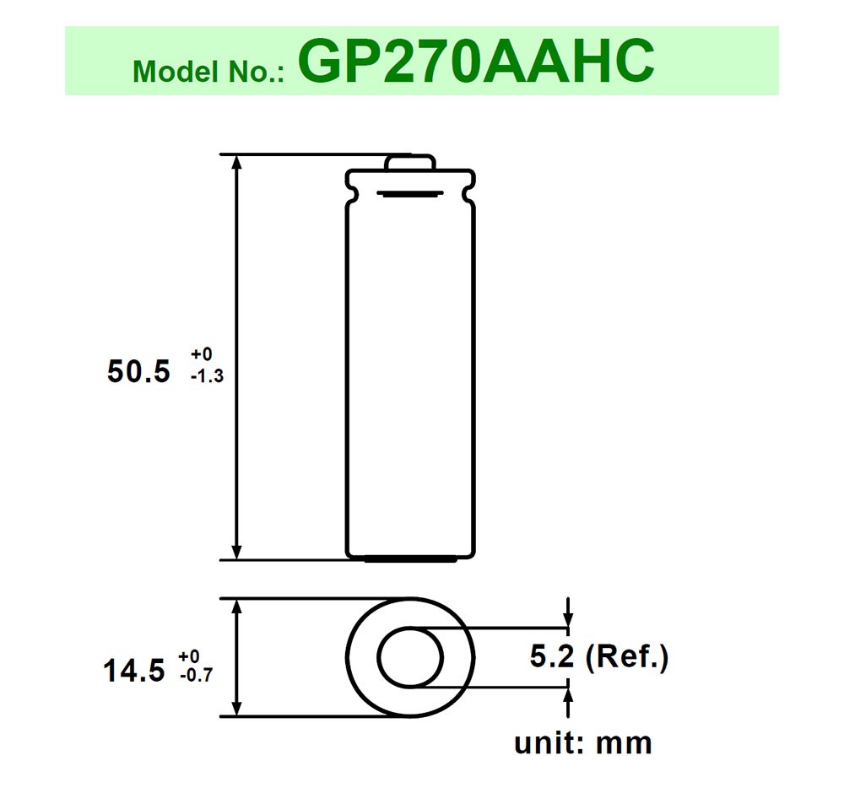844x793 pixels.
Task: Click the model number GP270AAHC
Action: (x=476, y=61)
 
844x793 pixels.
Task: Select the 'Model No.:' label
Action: (x=211, y=72)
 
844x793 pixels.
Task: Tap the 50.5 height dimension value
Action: (x=138, y=371)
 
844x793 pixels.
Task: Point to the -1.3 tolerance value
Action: (x=207, y=377)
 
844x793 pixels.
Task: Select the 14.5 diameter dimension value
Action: (x=133, y=672)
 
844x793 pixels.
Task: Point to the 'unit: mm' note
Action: (x=583, y=743)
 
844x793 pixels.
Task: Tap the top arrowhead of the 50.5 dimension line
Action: (x=237, y=164)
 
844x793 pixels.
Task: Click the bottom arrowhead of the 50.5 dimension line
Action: (x=237, y=550)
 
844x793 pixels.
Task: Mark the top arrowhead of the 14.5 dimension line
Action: (x=237, y=607)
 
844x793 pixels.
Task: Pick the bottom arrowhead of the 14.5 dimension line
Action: (x=237, y=708)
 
